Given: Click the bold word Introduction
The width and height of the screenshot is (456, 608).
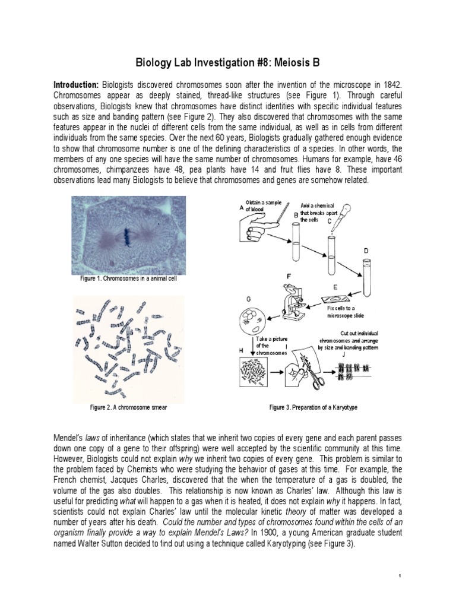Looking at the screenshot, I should pyautogui.click(x=77, y=85).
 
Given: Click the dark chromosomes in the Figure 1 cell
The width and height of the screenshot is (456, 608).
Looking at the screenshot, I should pyautogui.click(x=128, y=236).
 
